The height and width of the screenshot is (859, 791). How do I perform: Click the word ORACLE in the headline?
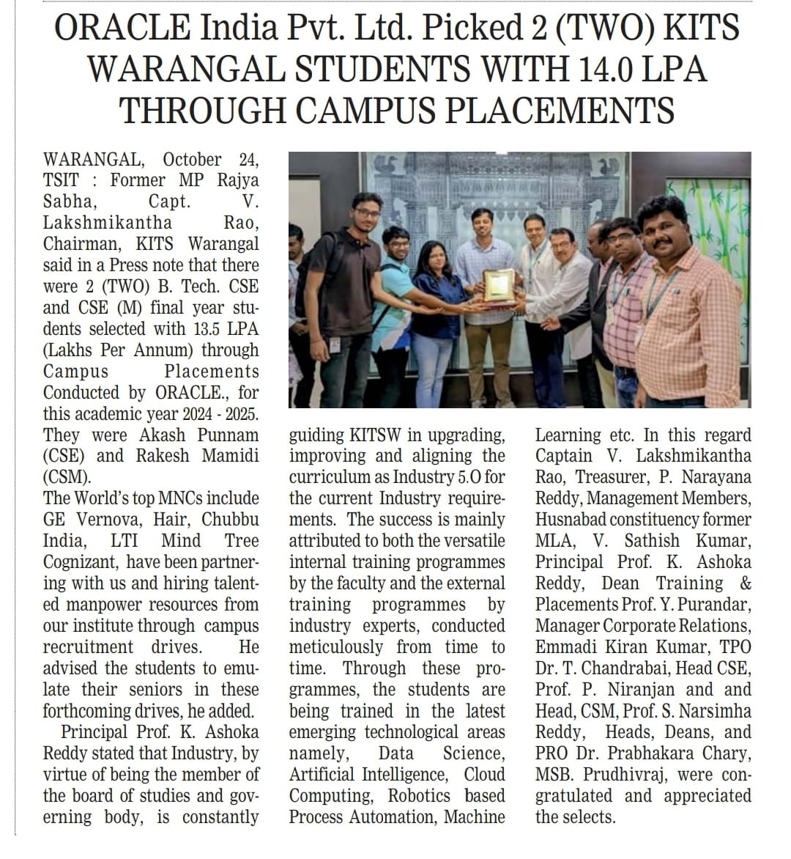click(121, 29)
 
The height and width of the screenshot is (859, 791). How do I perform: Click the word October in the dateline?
click(191, 159)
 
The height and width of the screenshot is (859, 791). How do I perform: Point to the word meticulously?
click(335, 647)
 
